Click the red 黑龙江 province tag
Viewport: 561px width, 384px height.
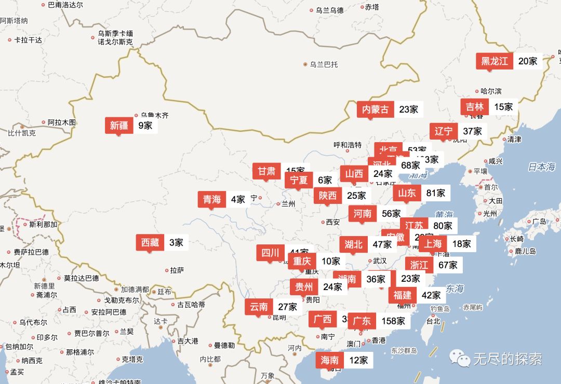(494, 61)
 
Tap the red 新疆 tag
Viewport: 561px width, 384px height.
(118, 125)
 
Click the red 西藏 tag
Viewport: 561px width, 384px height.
(150, 242)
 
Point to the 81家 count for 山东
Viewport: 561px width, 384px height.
(435, 193)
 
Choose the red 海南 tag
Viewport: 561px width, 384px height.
(329, 360)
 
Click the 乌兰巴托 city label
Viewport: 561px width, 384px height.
(324, 64)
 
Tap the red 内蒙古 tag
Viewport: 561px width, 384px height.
(375, 109)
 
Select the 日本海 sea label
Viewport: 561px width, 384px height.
(541, 167)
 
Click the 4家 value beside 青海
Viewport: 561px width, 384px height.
(237, 199)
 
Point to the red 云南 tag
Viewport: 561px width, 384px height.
(259, 307)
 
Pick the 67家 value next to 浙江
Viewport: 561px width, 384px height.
(447, 265)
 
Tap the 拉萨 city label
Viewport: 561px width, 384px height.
(177, 270)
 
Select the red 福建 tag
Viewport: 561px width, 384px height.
(402, 295)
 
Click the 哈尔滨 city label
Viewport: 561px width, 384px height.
(491, 91)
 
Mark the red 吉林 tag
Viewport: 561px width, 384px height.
(474, 107)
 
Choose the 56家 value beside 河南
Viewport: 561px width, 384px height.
(391, 213)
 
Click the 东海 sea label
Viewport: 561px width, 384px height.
(454, 289)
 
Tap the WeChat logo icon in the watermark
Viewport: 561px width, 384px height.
(459, 358)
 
